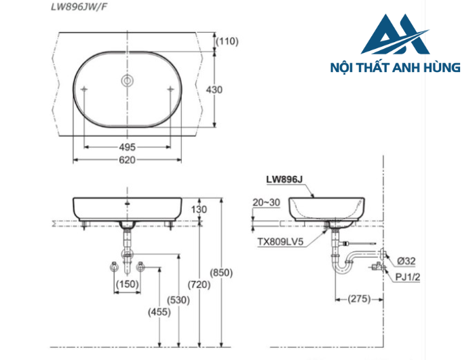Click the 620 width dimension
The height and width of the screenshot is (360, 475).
[x=127, y=160]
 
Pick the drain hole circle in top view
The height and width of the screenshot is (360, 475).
[x=126, y=81]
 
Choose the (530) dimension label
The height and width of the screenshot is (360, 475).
[x=178, y=300]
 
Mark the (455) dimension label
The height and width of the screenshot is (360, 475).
[x=158, y=312]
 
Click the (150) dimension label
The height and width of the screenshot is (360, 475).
[x=126, y=283]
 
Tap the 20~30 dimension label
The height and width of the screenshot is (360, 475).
[x=265, y=202]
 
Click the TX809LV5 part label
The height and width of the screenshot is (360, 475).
[x=280, y=240]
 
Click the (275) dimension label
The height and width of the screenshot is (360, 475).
[x=360, y=298]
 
